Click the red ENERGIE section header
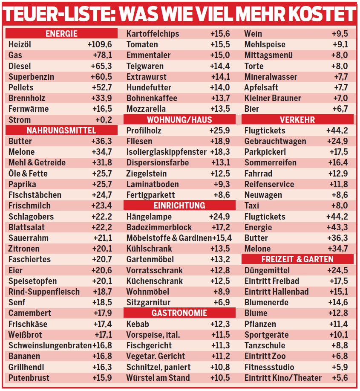61,34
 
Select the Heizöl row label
20,44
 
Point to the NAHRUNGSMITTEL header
61,130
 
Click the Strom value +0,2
104,120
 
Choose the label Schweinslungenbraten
50,345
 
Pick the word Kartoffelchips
153,34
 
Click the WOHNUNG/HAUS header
179,120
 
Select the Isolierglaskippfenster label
166,152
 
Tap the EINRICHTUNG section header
179,206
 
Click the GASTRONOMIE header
179,313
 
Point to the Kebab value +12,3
220,324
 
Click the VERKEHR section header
297,120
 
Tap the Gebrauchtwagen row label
275,141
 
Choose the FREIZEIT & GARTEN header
297,259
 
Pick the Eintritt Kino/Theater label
283,378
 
